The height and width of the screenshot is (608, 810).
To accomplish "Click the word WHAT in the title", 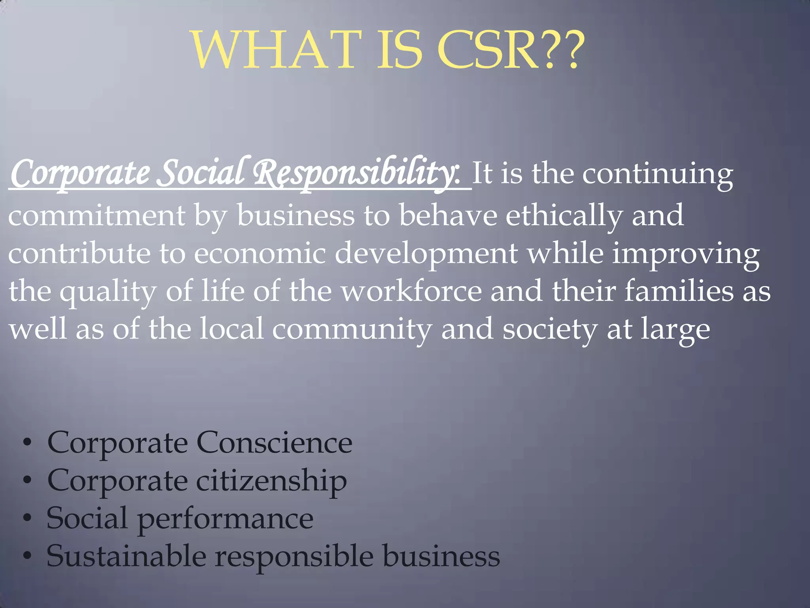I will [277, 50].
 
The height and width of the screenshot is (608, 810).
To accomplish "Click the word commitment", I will [97, 216].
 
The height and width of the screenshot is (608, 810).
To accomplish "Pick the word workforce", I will [412, 291].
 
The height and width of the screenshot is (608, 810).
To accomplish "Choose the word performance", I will [225, 519].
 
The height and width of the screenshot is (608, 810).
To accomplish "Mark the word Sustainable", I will [127, 556].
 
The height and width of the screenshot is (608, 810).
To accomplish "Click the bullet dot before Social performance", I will [27, 518].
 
